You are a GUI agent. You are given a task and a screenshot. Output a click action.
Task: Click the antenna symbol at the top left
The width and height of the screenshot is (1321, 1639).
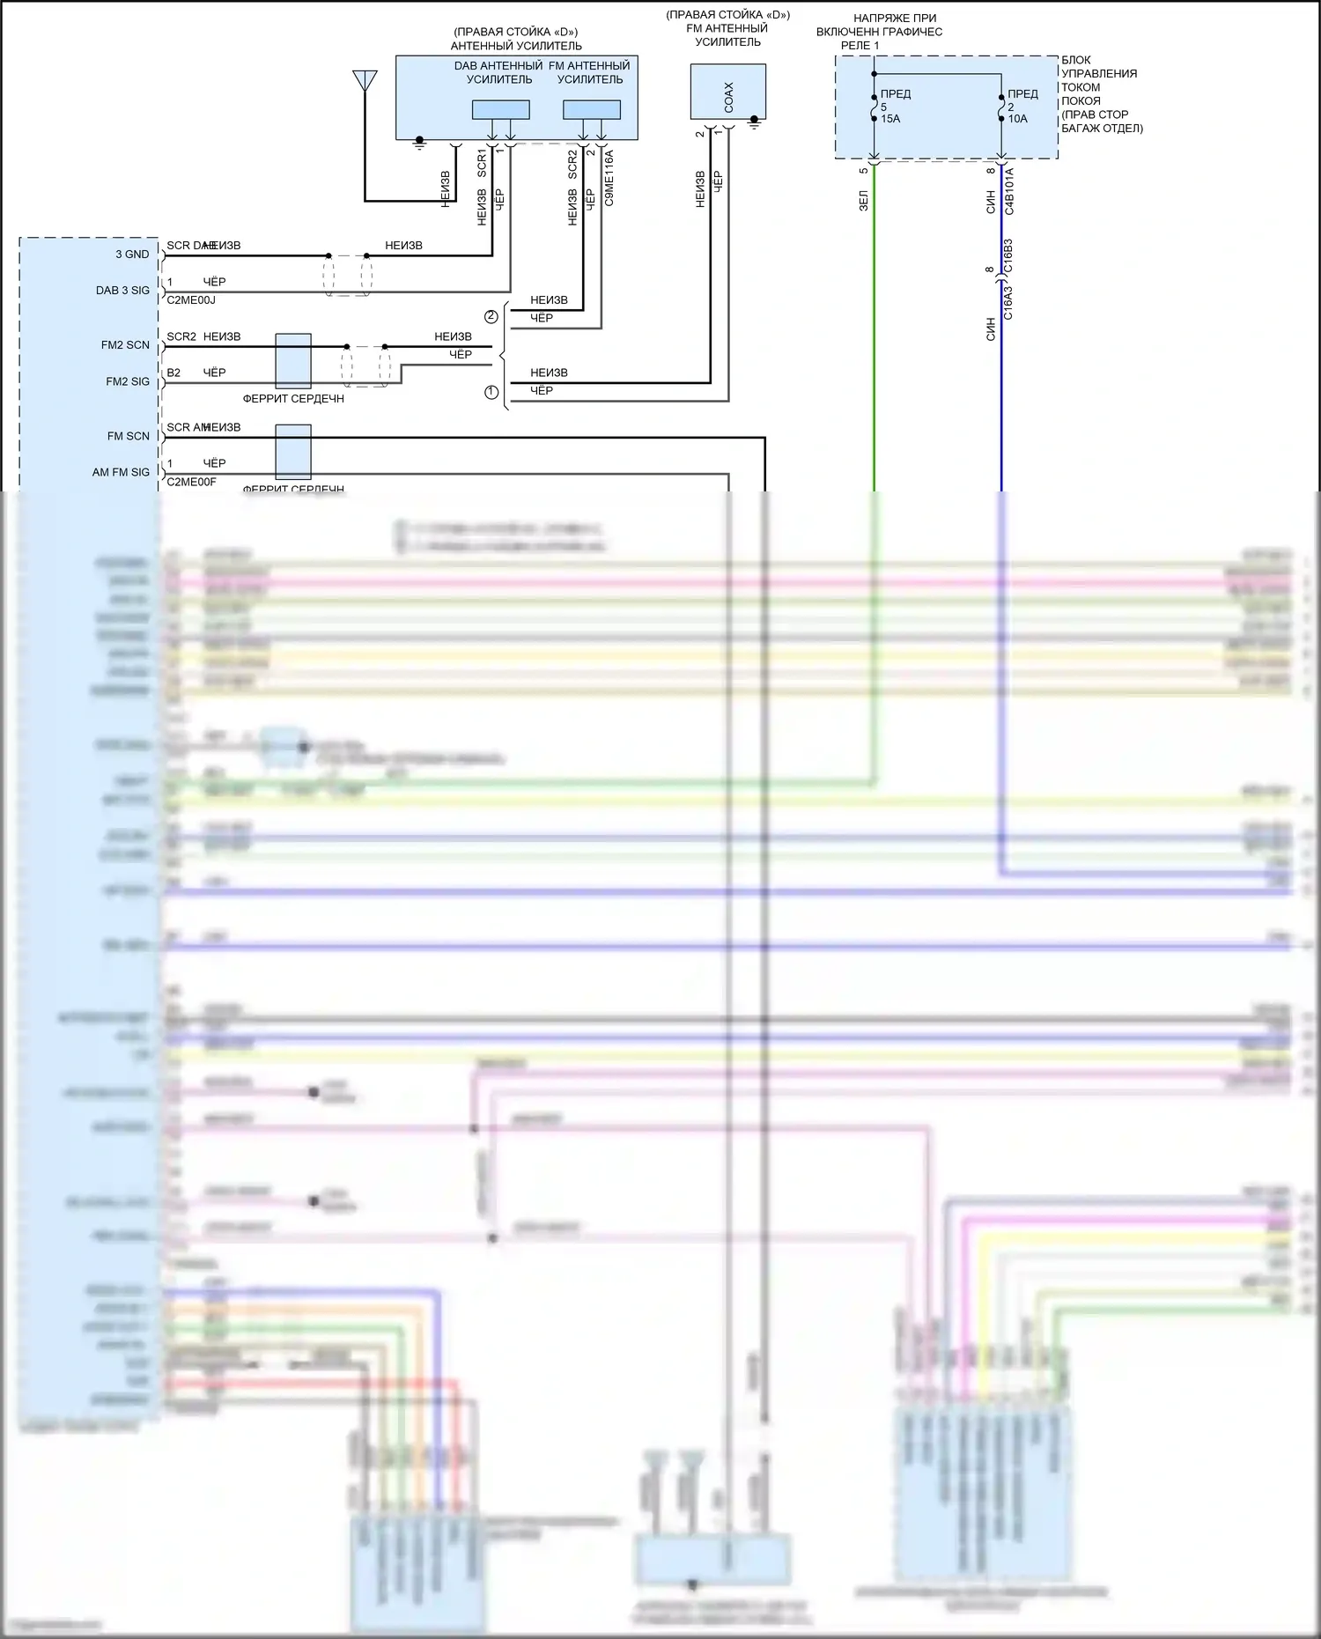[x=365, y=80]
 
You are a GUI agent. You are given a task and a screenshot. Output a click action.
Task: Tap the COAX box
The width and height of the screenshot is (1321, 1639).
[x=728, y=92]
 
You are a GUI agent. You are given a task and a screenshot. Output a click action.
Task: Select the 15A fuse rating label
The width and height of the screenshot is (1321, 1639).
[x=890, y=119]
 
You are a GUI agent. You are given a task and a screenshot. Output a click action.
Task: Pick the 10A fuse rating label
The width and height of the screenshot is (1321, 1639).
[x=1017, y=119]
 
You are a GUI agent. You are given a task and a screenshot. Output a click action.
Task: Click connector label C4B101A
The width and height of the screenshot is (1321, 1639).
[x=1009, y=191]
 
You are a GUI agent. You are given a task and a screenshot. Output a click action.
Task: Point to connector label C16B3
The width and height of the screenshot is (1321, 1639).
[x=1008, y=255]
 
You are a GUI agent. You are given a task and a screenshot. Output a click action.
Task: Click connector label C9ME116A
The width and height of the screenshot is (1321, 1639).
[x=609, y=178]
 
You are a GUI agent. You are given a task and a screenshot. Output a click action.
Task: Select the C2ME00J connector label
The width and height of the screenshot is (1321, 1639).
[x=191, y=300]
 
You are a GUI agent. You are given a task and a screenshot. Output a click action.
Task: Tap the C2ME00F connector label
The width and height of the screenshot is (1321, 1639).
[x=191, y=483]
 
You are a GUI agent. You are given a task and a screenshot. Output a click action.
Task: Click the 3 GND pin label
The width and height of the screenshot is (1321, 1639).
[x=132, y=255]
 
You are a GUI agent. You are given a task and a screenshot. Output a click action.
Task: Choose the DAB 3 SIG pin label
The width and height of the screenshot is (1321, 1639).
[x=122, y=291]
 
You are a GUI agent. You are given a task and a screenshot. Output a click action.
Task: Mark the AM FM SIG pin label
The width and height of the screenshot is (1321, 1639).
[x=121, y=473]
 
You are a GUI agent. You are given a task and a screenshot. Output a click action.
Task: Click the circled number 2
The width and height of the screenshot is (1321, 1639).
[x=491, y=317]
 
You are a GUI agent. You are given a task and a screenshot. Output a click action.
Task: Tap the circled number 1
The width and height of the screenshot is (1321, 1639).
[x=491, y=392]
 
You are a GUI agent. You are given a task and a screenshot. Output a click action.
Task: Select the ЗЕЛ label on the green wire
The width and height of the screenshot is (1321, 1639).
[x=864, y=201]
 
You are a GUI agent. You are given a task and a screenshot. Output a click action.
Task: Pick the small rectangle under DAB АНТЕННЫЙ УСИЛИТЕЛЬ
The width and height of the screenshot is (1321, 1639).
[x=500, y=110]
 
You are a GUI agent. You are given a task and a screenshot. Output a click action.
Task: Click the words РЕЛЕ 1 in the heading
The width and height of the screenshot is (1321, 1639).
[x=860, y=46]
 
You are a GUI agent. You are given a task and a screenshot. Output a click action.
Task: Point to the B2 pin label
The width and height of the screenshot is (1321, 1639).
[x=173, y=373]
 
